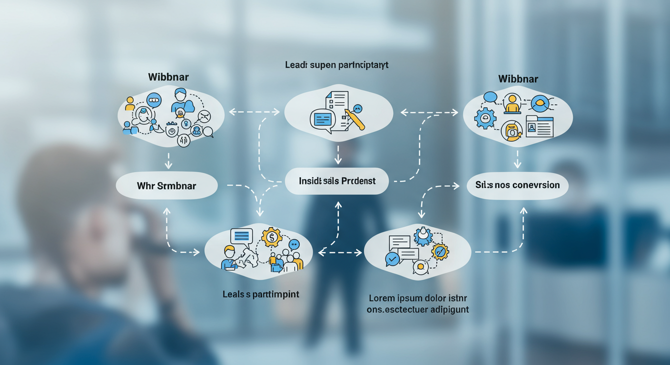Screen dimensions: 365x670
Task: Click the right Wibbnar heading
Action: (518, 78)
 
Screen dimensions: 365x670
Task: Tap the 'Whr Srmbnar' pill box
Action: (167, 185)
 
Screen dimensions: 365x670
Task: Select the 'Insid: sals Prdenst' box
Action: (337, 181)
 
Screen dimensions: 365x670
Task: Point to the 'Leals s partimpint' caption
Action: (261, 294)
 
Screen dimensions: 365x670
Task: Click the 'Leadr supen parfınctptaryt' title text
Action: (337, 65)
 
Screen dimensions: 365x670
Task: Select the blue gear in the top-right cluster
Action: (485, 118)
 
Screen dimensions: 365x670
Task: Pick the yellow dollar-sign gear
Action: (272, 236)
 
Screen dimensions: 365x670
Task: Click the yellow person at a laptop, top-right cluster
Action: (512, 104)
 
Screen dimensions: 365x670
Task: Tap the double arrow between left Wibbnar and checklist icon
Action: (254, 112)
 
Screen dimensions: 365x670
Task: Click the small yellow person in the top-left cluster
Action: (129, 103)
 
